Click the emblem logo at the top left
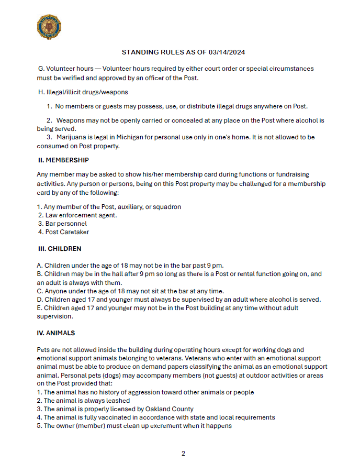[x=49, y=26]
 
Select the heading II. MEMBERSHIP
[x=63, y=160]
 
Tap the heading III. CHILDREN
[x=59, y=248]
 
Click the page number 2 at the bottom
[x=183, y=453]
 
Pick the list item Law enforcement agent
[x=81, y=215]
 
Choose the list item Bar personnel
[x=66, y=224]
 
